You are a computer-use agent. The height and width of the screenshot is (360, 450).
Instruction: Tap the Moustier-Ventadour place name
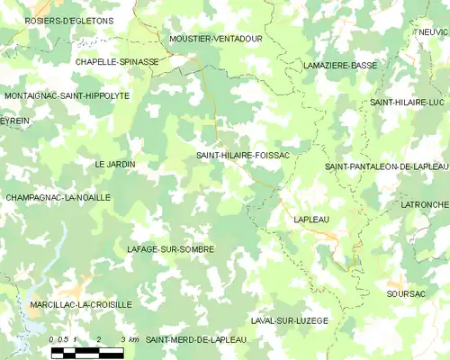[x=215, y=40]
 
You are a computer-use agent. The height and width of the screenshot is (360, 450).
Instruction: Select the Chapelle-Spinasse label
[x=117, y=62]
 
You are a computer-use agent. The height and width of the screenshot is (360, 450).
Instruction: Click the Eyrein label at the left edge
[x=14, y=120]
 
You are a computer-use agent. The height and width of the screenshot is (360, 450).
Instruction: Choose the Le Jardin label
[x=115, y=165]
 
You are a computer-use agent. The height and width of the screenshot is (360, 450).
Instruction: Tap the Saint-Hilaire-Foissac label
[x=243, y=156]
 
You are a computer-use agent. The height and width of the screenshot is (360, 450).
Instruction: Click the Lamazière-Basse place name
[x=340, y=66]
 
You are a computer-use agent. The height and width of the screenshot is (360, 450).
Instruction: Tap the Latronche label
[x=424, y=205]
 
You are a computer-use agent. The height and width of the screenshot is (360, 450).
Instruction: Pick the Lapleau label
[x=312, y=219]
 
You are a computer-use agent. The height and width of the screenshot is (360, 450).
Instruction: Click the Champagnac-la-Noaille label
[x=58, y=197]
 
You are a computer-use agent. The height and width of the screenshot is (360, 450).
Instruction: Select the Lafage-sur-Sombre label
[x=170, y=248]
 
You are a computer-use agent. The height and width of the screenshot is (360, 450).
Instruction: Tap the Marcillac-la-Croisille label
[x=81, y=305]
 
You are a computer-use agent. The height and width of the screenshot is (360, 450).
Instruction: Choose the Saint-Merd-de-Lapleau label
[x=195, y=339]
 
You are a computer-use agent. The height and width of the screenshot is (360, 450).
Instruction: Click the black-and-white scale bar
[x=86, y=352]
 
